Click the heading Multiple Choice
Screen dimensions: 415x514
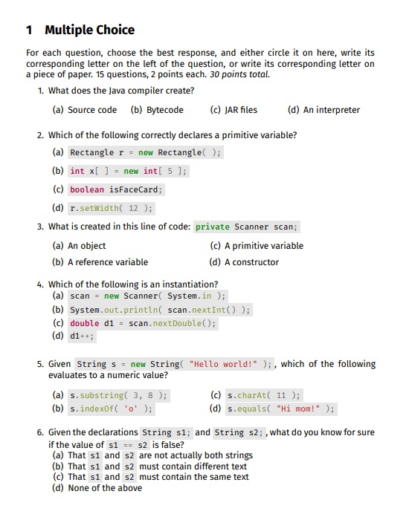[89, 30]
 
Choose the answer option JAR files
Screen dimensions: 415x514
[241, 110]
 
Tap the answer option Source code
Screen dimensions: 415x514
[91, 110]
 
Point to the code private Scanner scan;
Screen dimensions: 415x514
[246, 227]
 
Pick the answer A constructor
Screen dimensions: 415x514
[251, 261]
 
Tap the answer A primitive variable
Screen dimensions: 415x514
[263, 246]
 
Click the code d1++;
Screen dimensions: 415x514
[82, 335]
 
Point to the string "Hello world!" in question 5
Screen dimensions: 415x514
[221, 364]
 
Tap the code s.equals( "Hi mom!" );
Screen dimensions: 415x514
[281, 409]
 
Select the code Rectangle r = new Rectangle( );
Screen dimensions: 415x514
[145, 152]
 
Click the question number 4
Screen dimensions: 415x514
[40, 284]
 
